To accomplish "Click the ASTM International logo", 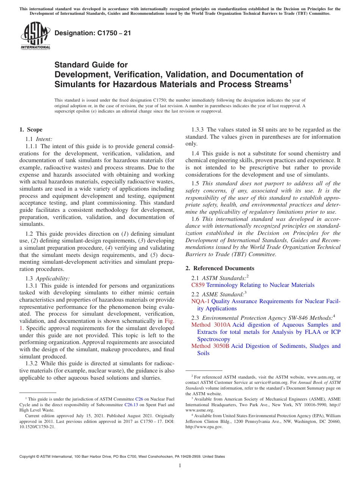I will tap(35, 36).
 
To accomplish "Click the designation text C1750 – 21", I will tap(93, 33).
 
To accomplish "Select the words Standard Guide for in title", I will tap(91, 65).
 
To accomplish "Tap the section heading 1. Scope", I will tap(31, 130).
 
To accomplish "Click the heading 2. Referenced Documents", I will tap(220, 268).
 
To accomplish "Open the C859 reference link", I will tap(198, 285).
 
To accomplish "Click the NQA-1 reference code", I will tap(200, 301).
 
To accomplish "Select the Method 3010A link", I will tap(211, 325).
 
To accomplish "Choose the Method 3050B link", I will tap(210, 346).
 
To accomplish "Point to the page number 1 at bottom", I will tap(180, 465).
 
